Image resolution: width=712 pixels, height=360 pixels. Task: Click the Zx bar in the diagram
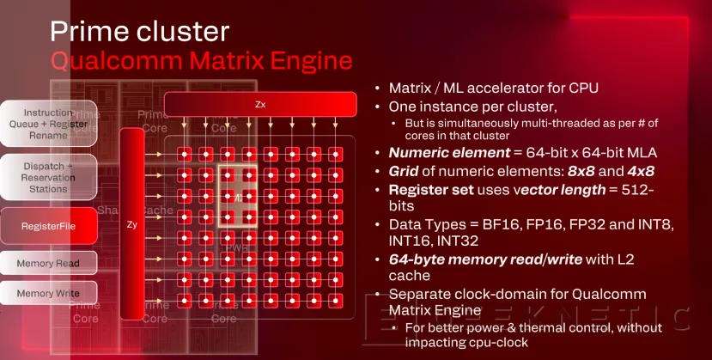click(259, 104)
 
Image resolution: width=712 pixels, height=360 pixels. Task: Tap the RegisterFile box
click(52, 226)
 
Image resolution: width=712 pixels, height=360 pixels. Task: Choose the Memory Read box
click(48, 263)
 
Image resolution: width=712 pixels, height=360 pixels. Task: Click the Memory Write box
click(48, 294)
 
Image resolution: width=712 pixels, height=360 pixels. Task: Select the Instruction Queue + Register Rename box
click(48, 124)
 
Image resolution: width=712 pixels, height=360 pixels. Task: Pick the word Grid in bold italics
click(404, 171)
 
